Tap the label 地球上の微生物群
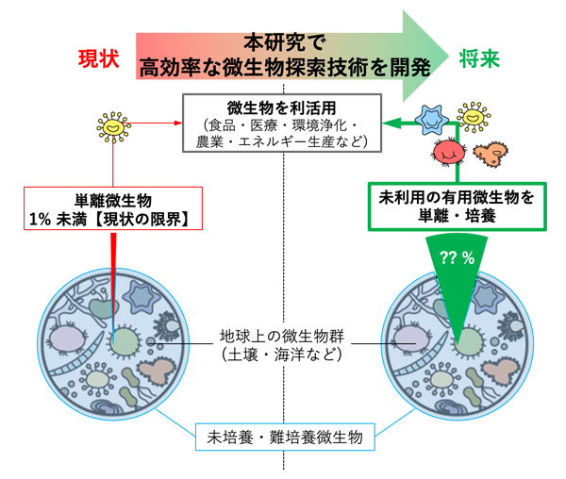tap(283, 336)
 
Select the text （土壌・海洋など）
tap(283, 355)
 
